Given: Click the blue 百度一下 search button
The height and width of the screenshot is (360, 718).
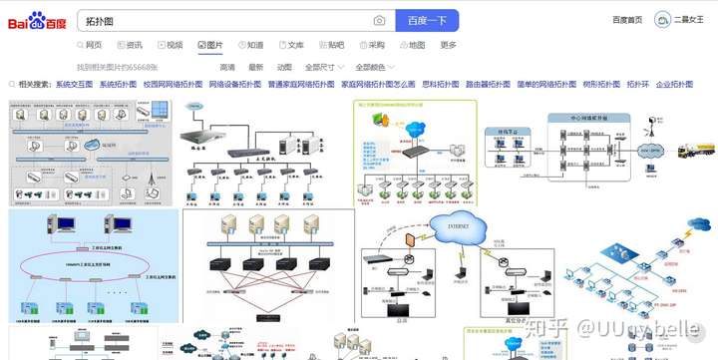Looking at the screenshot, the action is pos(427,20).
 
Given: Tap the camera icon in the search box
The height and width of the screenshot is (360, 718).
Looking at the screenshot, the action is pos(379,20).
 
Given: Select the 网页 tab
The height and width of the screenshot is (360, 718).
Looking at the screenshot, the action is pos(89,45).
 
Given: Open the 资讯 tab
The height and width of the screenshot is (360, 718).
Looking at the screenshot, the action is pos(129,45).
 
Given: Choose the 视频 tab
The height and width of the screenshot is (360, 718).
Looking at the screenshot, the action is pos(169,45).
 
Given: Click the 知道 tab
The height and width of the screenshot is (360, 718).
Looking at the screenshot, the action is pos(249,45).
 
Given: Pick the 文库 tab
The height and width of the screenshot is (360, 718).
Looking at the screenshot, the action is pos(289,45).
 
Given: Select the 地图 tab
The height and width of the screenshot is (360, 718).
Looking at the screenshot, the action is pos(411,45).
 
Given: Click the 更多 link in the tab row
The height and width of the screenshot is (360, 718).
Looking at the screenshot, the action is pos(449,45).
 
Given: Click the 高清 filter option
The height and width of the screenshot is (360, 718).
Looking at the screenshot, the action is pos(227,67).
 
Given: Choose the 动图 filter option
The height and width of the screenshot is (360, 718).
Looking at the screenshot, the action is pos(284,67).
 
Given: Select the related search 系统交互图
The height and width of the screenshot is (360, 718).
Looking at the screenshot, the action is pos(74,85).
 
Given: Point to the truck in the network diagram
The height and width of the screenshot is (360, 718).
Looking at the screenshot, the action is pos(696,150).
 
